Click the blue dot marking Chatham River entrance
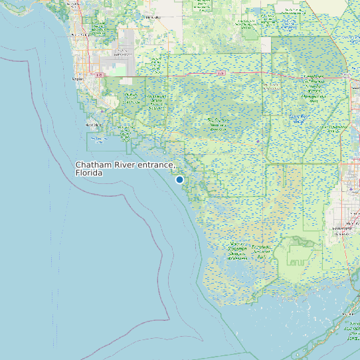tap(179, 179)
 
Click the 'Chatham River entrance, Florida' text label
tap(124, 168)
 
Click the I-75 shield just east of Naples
tap(100, 76)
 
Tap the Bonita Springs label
tap(78, 34)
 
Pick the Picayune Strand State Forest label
tap(131, 100)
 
